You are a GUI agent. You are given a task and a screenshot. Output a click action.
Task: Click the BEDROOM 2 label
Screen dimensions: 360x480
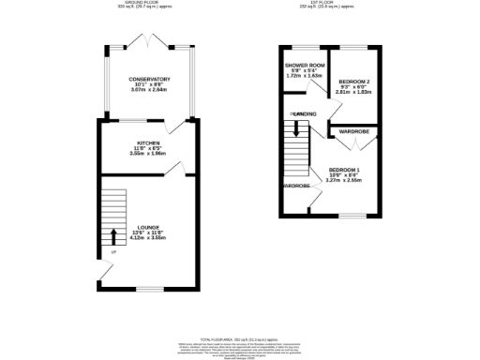coord(355,82)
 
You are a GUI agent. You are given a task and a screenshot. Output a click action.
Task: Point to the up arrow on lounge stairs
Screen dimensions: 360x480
coord(114,235)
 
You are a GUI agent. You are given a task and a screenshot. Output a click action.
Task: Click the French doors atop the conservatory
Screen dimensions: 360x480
coord(149,42)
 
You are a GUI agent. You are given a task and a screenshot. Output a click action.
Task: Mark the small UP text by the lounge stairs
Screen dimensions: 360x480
coord(114,251)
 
